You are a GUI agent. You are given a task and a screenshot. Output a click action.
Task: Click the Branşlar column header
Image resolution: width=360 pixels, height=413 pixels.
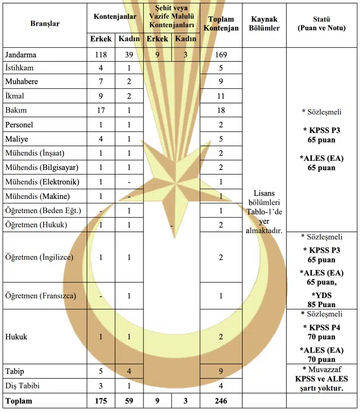pyautogui.click(x=45, y=24)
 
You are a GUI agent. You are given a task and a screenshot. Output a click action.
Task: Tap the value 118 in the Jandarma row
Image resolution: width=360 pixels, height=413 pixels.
pyautogui.click(x=101, y=55)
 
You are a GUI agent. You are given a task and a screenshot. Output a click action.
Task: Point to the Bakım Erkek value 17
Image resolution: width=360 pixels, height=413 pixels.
pyautogui.click(x=101, y=110)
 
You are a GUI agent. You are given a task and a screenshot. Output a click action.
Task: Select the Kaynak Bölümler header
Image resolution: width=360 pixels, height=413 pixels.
pyautogui.click(x=265, y=24)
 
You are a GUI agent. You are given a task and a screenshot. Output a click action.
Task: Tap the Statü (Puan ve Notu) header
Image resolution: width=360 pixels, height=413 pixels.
pyautogui.click(x=321, y=24)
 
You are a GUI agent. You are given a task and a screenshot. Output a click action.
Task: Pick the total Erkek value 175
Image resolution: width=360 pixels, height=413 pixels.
pyautogui.click(x=101, y=401)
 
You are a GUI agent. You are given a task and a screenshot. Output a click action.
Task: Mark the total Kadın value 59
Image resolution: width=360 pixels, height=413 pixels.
pyautogui.click(x=129, y=401)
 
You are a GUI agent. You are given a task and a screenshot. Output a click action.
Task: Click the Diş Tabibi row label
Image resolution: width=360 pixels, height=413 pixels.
pyautogui.click(x=22, y=386)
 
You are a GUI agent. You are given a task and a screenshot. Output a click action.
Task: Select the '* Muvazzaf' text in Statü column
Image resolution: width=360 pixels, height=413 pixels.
pyautogui.click(x=321, y=368)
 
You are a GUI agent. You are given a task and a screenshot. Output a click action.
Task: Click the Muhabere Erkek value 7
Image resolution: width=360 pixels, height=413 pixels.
pyautogui.click(x=101, y=82)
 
